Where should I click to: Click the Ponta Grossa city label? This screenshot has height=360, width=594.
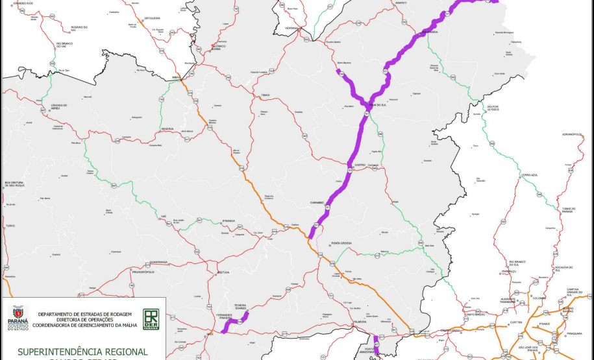[341, 243]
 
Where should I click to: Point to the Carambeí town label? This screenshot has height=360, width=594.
[317, 202]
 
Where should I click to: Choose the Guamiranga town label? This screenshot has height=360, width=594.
[159, 261]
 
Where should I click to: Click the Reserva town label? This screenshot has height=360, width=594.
[168, 128]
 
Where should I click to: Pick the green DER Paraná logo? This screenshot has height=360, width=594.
[151, 318]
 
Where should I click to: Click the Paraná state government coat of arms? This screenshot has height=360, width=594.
[18, 318]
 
